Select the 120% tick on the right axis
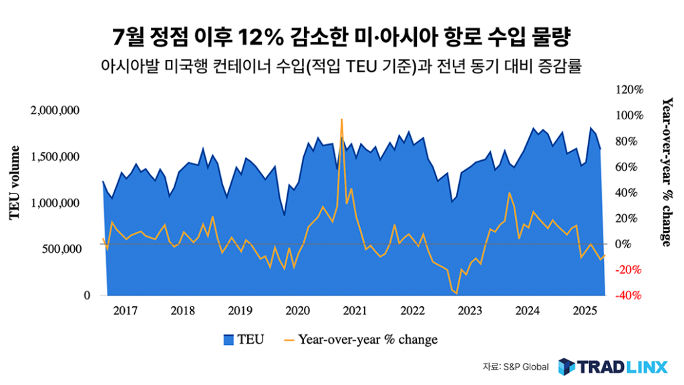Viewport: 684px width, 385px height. (629, 89)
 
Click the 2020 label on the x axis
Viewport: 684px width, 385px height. (297, 310)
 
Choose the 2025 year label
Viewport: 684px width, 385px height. (585, 310)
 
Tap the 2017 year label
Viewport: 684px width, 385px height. (125, 310)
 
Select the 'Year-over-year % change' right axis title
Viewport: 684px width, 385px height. (666, 171)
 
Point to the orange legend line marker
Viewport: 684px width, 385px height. (289, 340)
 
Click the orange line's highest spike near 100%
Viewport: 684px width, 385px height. (342, 119)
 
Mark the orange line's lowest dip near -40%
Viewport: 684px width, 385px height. (456, 293)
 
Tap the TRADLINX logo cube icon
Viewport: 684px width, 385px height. (566, 366)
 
